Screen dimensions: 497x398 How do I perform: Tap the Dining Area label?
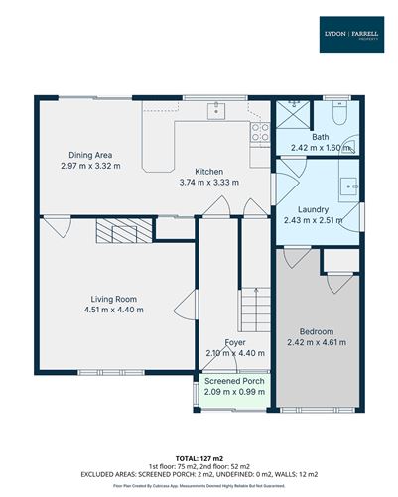[89, 155]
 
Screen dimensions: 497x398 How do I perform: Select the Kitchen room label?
[209, 171]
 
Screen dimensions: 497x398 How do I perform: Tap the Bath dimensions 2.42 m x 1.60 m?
[322, 148]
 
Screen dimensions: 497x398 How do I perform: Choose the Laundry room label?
[315, 209]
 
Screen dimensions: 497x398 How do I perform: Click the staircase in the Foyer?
[256, 303]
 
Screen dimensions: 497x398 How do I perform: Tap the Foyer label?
[235, 342]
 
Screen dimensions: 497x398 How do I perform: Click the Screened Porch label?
[234, 381]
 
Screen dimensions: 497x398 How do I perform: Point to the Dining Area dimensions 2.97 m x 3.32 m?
[89, 166]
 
